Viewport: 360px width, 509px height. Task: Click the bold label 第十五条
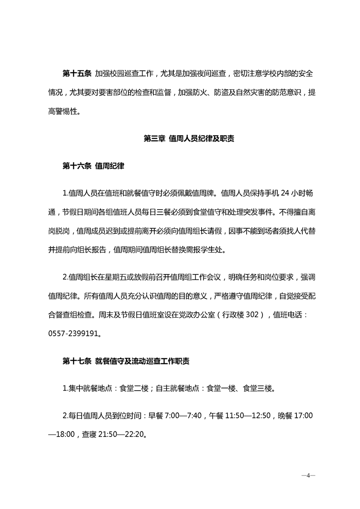[77, 73]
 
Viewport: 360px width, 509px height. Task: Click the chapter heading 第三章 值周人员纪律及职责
[189, 139]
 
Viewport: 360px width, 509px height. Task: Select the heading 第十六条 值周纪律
[93, 166]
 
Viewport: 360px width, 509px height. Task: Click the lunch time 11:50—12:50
[249, 416]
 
